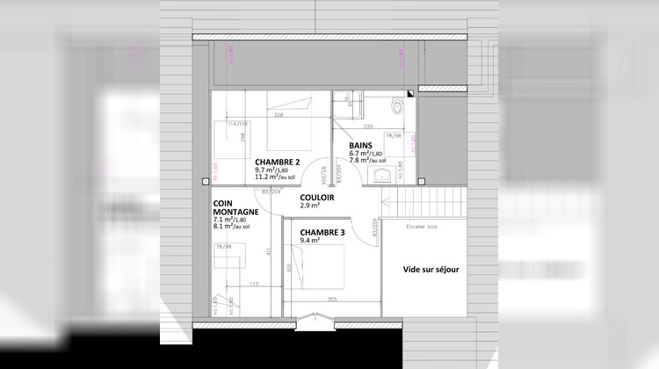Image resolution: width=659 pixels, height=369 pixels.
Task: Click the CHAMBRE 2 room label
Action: (278, 163)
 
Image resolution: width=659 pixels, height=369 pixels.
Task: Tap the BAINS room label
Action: (360, 145)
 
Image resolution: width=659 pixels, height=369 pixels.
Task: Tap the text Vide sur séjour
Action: (431, 270)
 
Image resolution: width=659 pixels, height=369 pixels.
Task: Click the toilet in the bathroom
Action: (398, 106)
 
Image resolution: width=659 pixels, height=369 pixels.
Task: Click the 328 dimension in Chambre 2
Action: (279, 114)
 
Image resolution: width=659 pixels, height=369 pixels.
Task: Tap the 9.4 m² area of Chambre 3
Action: (308, 241)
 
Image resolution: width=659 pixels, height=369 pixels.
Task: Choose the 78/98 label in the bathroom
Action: (394, 136)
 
